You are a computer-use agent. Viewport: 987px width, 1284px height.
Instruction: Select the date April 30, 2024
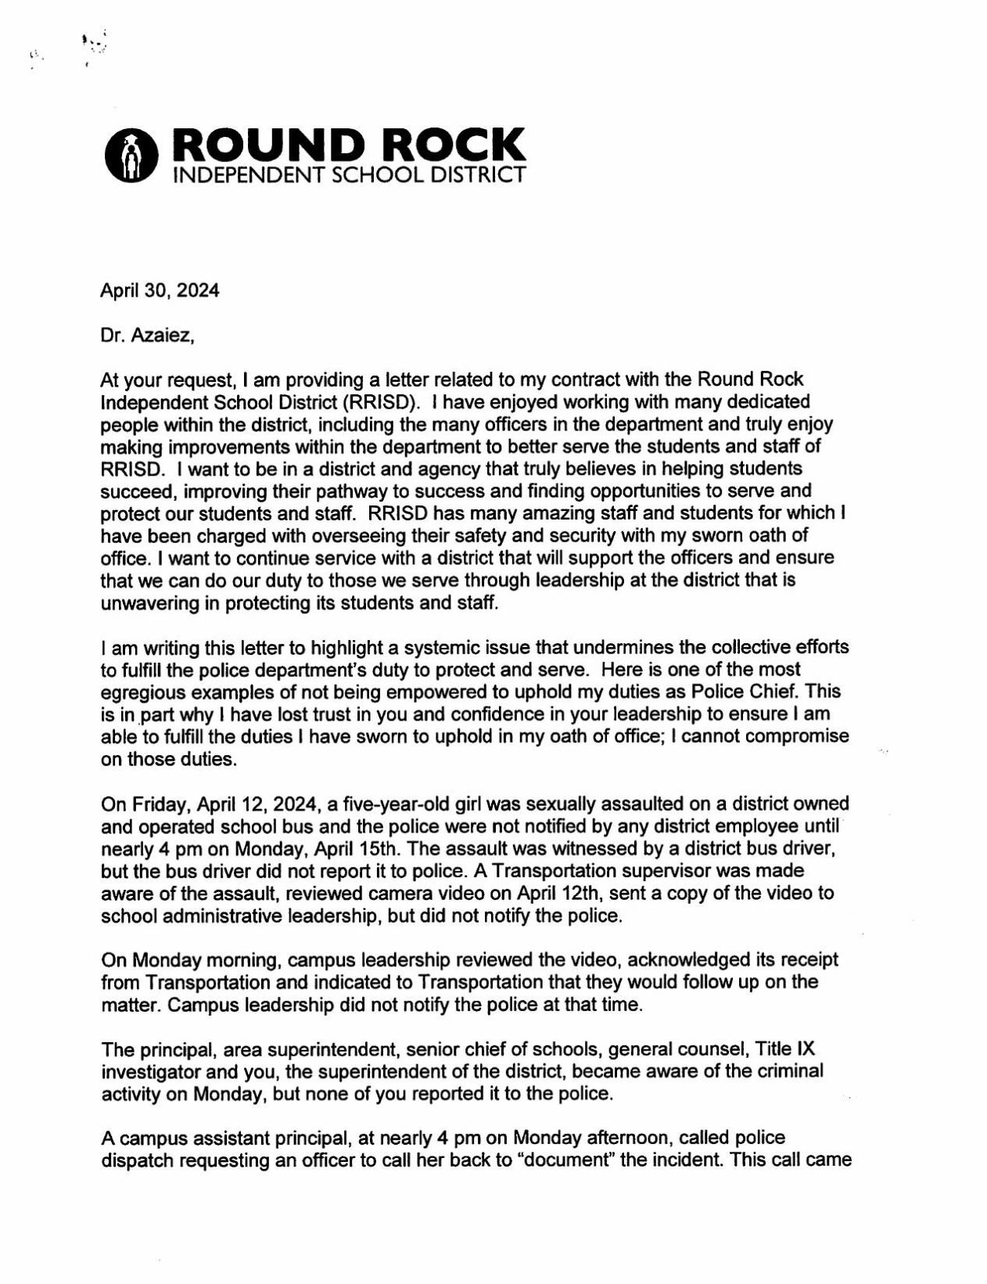[x=160, y=291]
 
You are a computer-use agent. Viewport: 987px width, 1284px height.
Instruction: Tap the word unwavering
[x=147, y=602]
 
